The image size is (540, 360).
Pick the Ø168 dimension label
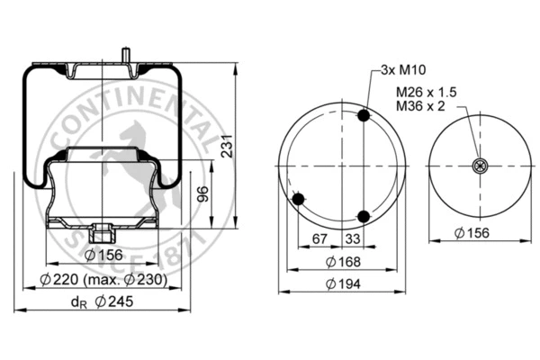341,262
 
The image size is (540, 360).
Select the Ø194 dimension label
341,284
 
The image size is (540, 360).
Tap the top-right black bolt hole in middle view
364,116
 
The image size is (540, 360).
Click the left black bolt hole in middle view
300,199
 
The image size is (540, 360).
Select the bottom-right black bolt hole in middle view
364,216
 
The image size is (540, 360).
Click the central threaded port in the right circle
477,165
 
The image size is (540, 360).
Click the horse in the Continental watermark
126,153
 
